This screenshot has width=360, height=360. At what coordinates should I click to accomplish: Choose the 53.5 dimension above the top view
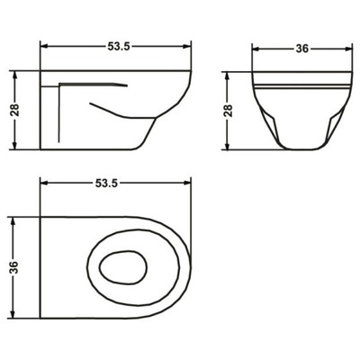(116, 184)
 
